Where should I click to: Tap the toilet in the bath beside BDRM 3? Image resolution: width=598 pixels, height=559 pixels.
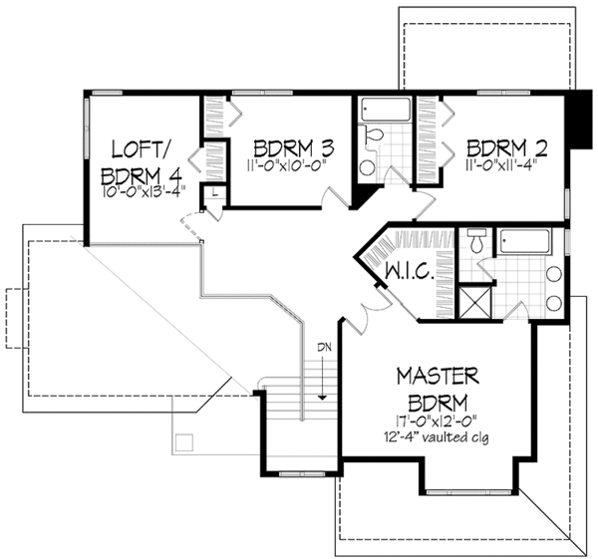tap(375, 137)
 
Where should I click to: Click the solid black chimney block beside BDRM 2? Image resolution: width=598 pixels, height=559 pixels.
tap(575, 119)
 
